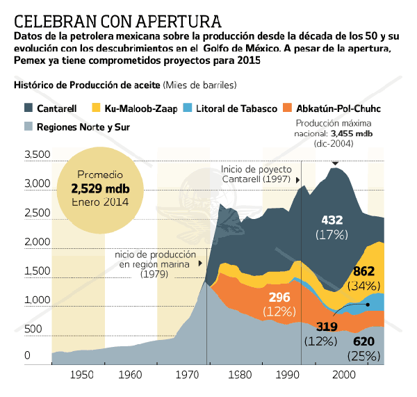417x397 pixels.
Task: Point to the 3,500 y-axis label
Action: (37, 154)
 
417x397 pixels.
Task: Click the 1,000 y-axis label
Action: (37, 300)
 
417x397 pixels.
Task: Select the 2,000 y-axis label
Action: (37, 241)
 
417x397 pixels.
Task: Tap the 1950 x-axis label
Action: (82, 375)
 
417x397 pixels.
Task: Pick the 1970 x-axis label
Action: (188, 375)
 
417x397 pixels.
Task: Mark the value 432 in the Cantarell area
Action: (332, 220)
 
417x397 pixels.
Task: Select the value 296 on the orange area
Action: (279, 297)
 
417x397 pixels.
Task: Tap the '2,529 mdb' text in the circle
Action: (100, 188)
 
